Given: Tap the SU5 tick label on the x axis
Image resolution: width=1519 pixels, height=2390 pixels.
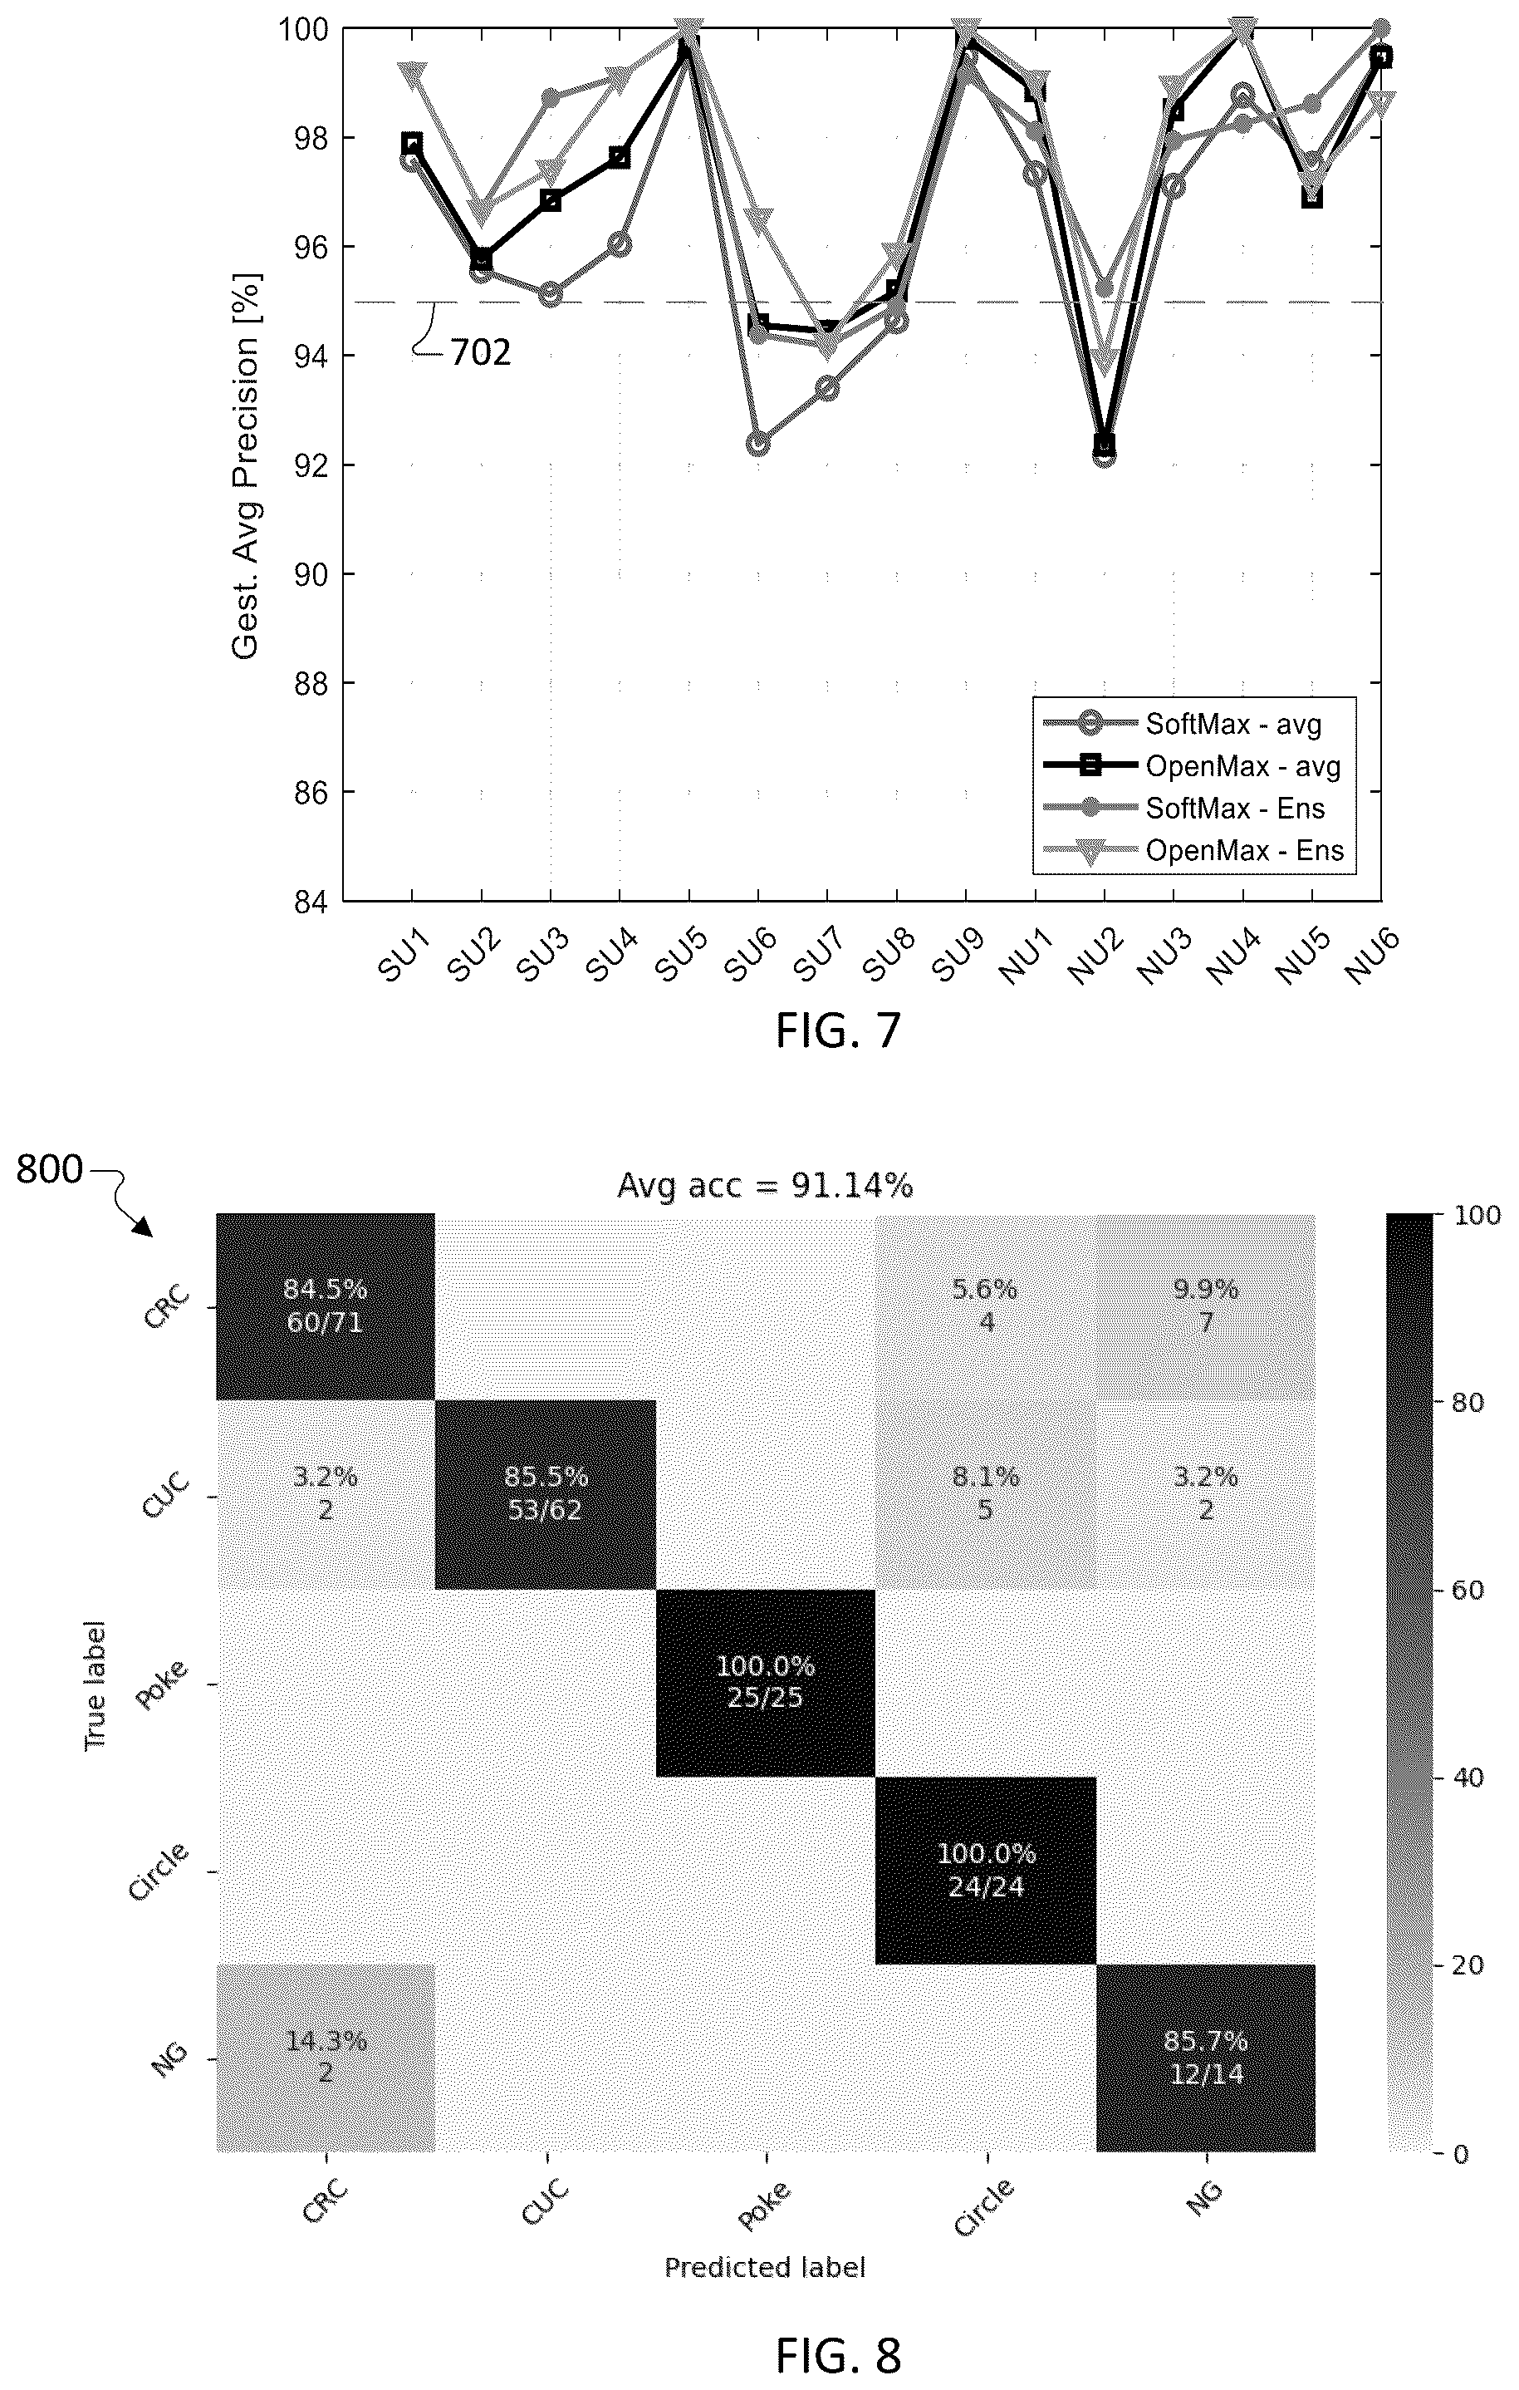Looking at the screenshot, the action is point(683,955).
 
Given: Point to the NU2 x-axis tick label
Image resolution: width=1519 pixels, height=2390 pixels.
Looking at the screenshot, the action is point(1098,955).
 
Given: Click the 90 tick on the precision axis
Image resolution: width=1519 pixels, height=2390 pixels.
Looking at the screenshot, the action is point(316,573).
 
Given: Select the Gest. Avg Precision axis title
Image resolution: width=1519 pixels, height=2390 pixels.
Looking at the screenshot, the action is point(244,465).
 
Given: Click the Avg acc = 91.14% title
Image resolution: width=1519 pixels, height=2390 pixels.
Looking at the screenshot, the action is point(765,1185).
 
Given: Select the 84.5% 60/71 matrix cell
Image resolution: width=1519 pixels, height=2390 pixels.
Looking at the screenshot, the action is point(326,1306).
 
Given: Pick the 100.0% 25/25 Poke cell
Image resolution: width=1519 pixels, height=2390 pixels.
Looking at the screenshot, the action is point(765,1681).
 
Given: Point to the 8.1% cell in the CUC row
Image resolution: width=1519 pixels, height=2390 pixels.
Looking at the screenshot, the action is point(986,1494).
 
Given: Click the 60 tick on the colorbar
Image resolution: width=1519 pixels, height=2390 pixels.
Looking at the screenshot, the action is point(1468,1590).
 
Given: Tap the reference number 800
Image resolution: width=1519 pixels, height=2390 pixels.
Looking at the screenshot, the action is point(50,1170).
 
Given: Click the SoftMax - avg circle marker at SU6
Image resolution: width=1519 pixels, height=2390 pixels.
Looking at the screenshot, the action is point(758,443).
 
